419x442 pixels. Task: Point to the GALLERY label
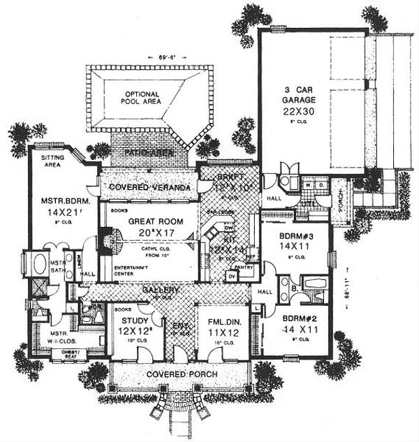click(x=161, y=290)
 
